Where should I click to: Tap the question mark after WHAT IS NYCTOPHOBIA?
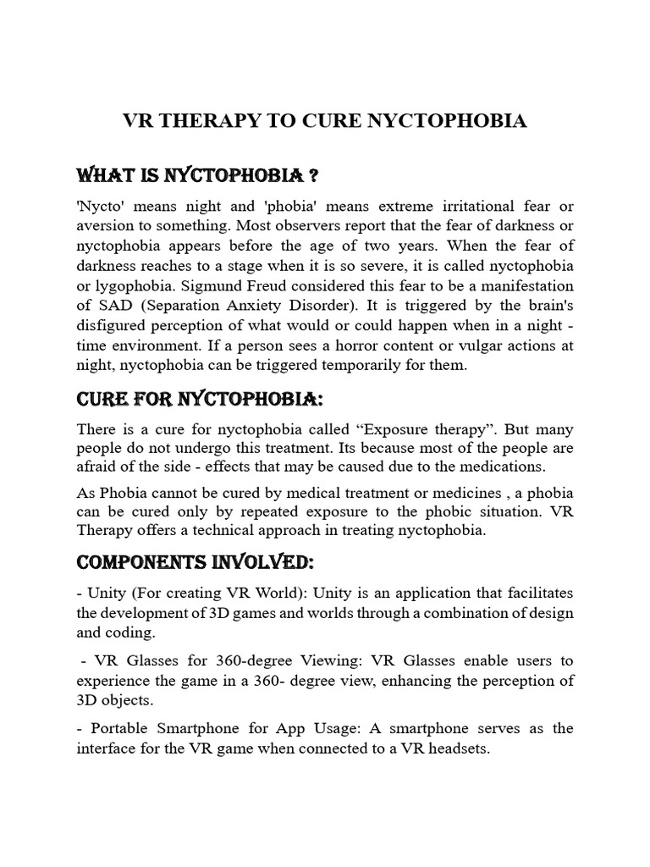tap(312, 175)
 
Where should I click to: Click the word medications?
tap(504, 467)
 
